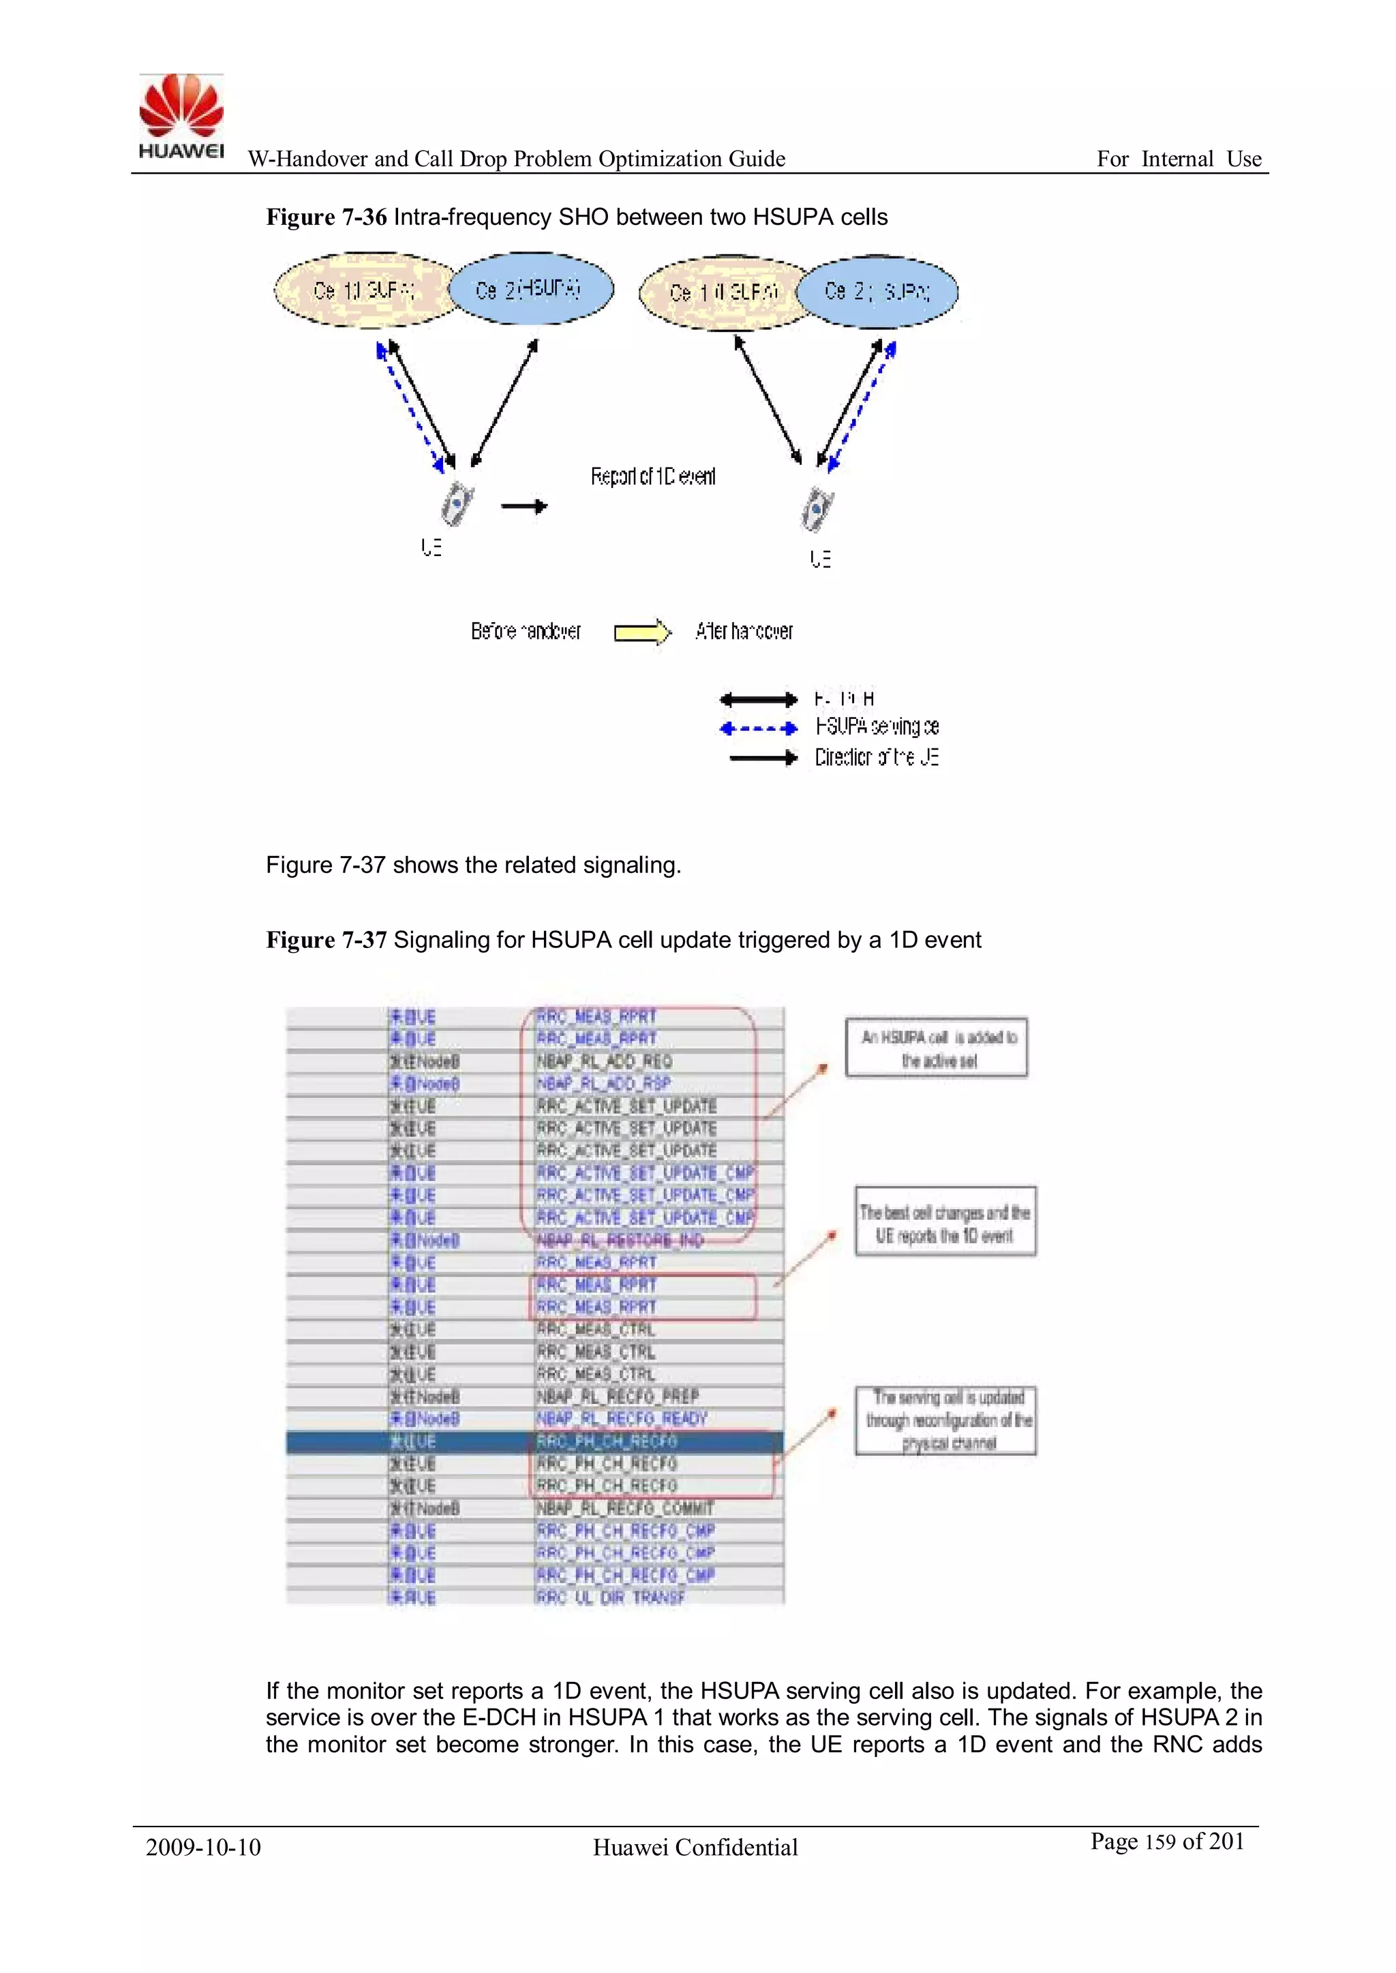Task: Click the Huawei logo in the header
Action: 181,116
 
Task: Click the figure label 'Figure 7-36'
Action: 326,217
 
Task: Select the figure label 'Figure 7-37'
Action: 326,940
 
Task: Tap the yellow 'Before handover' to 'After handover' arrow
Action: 641,632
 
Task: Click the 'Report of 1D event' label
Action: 652,476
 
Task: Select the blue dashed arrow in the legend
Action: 758,729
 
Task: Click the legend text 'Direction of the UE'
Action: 876,757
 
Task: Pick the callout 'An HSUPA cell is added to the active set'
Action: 937,1047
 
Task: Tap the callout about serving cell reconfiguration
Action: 945,1420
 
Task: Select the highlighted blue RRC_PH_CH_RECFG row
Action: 534,1441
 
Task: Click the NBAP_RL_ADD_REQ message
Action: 605,1061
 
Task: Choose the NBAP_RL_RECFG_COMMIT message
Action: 625,1508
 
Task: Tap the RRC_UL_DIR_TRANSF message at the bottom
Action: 609,1597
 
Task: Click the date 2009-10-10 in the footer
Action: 203,1847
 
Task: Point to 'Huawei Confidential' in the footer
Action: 695,1847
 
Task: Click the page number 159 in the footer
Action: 1160,1842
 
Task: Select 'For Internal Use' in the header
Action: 1179,159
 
